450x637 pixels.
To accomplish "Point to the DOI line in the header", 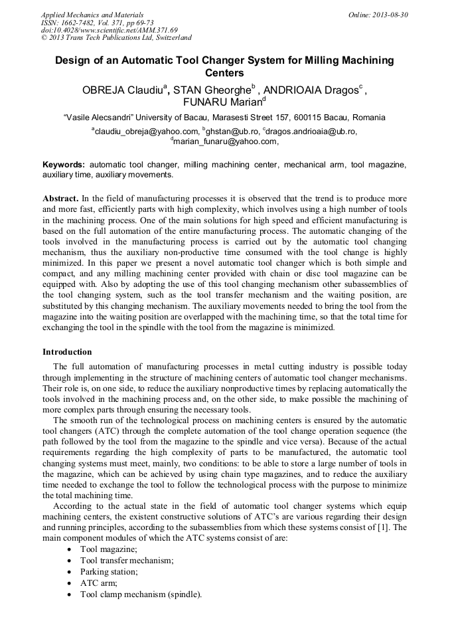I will (x=110, y=30).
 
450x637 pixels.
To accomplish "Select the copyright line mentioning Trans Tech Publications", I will (x=116, y=38).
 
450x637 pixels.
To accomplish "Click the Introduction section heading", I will (x=67, y=351).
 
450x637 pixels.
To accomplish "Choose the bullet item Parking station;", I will (x=110, y=571).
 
